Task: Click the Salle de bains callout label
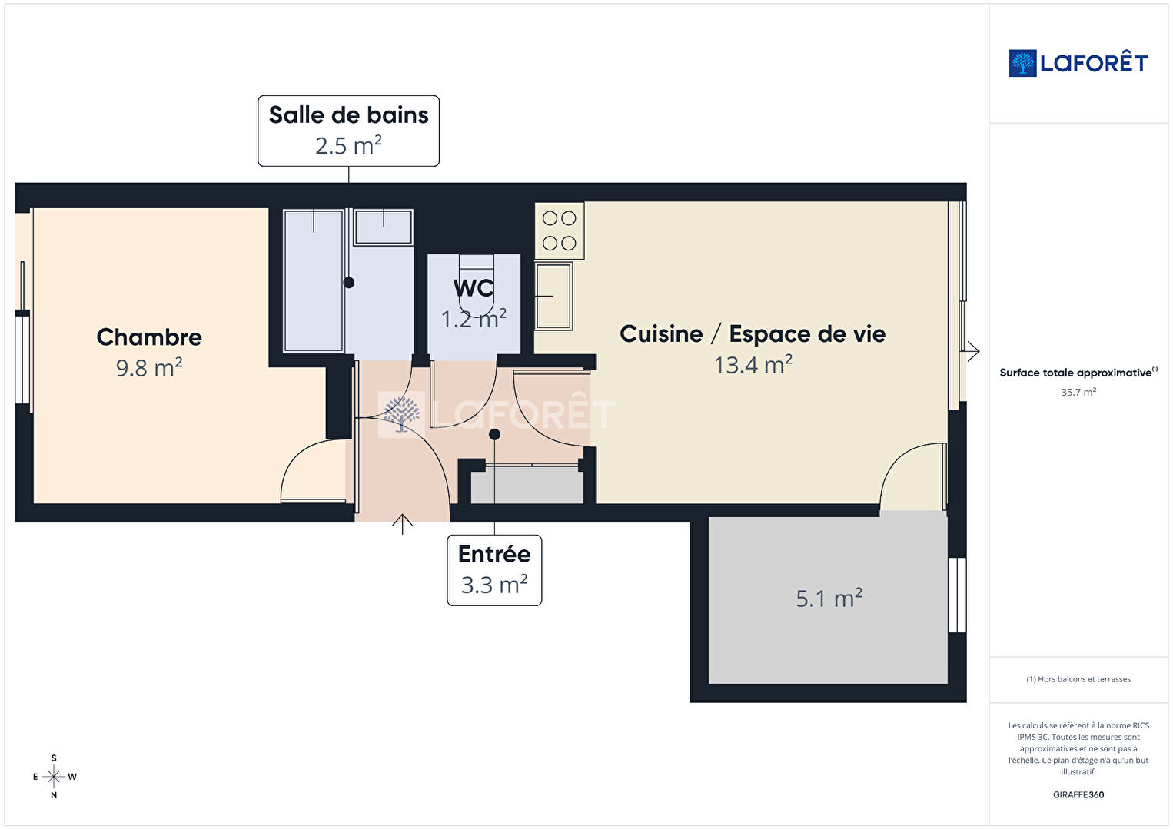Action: (348, 131)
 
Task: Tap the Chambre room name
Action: (149, 337)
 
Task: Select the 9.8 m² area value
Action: (149, 367)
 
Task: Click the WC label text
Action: (474, 288)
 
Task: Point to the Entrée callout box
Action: (494, 570)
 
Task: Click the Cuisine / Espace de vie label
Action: (753, 334)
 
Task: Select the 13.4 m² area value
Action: (753, 365)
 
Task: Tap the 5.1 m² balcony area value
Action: (829, 599)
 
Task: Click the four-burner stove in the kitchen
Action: (560, 230)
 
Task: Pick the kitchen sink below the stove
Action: (553, 297)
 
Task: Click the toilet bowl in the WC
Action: (477, 285)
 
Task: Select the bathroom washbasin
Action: (384, 227)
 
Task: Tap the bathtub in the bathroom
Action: (314, 280)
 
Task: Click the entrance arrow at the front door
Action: (402, 524)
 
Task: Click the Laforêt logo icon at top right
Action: (1022, 63)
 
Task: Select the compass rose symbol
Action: (54, 777)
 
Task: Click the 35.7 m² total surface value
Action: (1078, 392)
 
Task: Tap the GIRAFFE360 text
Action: (1078, 794)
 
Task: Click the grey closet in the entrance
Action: (527, 485)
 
